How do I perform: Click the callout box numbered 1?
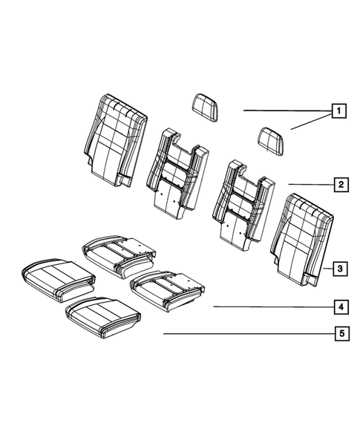[338, 112]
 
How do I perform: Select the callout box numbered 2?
[338, 184]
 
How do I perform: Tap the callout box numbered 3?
[338, 268]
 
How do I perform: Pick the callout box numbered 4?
[338, 306]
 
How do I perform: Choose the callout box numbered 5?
[338, 334]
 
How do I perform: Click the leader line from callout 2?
[307, 184]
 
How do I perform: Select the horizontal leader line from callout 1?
[286, 111]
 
